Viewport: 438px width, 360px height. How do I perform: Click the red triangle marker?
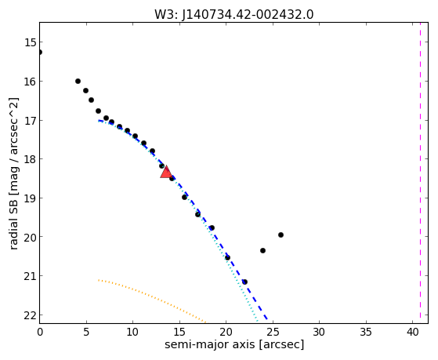166,172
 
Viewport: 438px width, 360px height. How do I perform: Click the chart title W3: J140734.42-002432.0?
234,14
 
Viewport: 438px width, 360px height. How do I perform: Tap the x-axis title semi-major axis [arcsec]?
234,344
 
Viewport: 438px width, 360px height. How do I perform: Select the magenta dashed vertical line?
420,173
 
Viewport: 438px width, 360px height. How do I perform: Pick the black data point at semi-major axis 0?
40,53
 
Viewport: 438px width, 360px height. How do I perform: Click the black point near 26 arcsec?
281,235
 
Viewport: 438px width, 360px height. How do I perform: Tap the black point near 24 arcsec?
262,251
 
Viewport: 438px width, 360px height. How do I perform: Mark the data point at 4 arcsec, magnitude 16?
78,82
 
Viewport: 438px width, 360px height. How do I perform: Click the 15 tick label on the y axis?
30,42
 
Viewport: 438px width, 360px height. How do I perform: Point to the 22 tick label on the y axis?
30,315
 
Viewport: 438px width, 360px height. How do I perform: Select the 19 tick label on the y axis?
30,198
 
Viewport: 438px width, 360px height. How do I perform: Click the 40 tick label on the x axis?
412,332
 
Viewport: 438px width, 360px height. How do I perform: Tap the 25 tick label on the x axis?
273,332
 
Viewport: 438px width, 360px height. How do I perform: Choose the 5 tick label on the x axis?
86,332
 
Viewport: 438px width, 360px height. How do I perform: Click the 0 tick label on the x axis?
40,332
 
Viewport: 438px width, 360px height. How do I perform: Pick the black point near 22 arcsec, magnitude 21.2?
244,282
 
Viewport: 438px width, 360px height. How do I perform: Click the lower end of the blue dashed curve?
267,319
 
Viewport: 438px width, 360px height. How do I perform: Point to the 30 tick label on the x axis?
319,332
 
